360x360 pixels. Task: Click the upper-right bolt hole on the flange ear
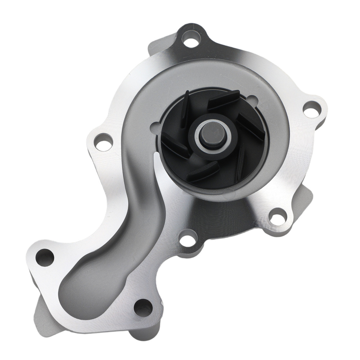(312, 108)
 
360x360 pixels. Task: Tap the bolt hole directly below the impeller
(187, 239)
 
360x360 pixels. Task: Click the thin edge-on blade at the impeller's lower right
(240, 162)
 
